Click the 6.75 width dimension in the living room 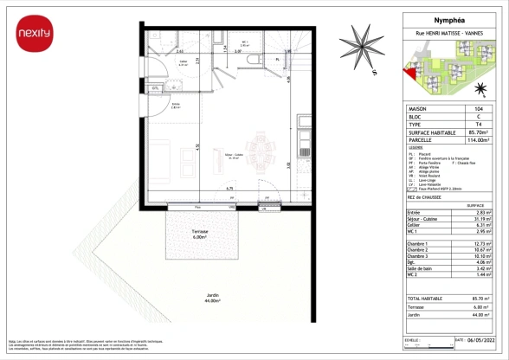tap(229, 189)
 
